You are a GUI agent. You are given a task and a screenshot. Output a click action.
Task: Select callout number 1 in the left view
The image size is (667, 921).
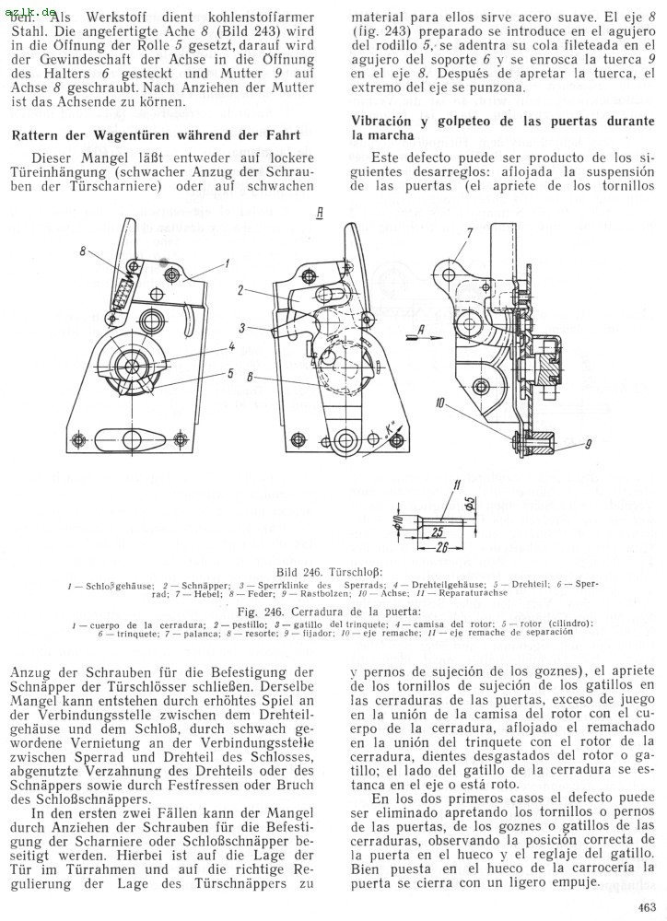coord(227,264)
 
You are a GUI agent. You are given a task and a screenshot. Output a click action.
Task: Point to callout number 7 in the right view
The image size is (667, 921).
coord(470,233)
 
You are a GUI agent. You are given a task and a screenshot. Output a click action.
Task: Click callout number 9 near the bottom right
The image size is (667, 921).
coord(588,445)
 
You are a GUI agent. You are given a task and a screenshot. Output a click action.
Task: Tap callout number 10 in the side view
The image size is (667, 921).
coord(440,403)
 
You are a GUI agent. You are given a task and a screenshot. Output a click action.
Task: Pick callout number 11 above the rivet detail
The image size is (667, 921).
coord(457,484)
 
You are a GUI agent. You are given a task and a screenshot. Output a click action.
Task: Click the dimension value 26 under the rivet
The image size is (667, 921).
coord(433,547)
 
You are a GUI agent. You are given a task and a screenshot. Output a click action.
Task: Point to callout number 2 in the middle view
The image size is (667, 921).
coord(241,290)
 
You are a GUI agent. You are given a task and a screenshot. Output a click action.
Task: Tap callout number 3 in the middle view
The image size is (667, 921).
coord(241,329)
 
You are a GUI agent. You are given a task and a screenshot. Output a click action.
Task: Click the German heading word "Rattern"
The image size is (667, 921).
coord(34,135)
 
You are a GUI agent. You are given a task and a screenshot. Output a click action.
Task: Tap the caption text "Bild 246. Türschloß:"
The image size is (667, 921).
coord(330,572)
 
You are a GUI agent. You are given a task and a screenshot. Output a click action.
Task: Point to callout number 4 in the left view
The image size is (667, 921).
coord(231,346)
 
